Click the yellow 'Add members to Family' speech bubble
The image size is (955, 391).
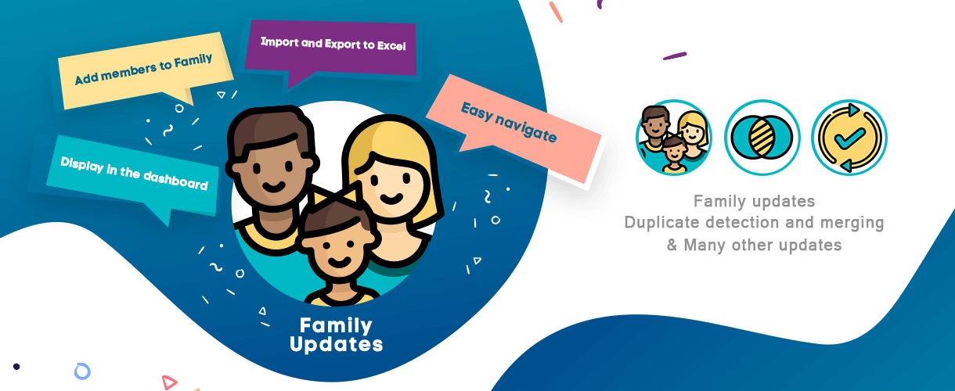coord(145,70)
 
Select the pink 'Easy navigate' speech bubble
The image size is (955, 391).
coord(514,127)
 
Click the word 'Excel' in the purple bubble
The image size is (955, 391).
coord(391,45)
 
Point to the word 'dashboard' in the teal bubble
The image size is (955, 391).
coord(175,180)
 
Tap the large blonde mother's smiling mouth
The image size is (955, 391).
coord(391,198)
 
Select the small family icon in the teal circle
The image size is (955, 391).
coord(674,138)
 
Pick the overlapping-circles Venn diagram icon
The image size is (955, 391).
coord(762,138)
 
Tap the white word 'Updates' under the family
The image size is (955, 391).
coord(336,344)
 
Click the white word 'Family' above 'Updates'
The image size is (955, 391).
coord(336,326)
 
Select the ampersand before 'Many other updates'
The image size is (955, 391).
coord(672,245)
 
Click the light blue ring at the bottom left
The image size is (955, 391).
coord(82,371)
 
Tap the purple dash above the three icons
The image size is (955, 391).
coord(675,56)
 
